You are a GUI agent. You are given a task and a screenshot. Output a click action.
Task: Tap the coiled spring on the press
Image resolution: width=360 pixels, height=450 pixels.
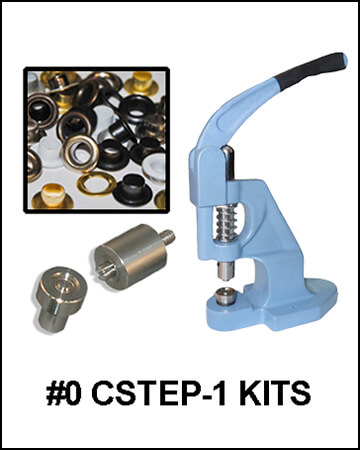226,222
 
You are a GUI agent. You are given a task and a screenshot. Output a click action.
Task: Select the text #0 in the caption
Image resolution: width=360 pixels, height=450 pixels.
64,393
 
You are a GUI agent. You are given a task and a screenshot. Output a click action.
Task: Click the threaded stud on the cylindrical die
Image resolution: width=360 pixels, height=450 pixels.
167,235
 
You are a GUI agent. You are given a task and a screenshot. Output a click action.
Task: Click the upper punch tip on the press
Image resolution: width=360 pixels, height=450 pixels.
225,271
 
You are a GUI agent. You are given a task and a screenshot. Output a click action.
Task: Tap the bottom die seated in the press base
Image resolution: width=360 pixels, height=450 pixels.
226,295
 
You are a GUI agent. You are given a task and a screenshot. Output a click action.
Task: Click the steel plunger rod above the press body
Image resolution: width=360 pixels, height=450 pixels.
228,164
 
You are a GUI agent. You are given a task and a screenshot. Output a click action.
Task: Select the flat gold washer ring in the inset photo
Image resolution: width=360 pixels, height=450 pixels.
96,184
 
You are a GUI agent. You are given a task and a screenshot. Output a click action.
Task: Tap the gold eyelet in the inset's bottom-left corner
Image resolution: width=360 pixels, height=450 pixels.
52,197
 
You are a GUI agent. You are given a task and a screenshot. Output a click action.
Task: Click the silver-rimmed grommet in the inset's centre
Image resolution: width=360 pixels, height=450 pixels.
81,153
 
